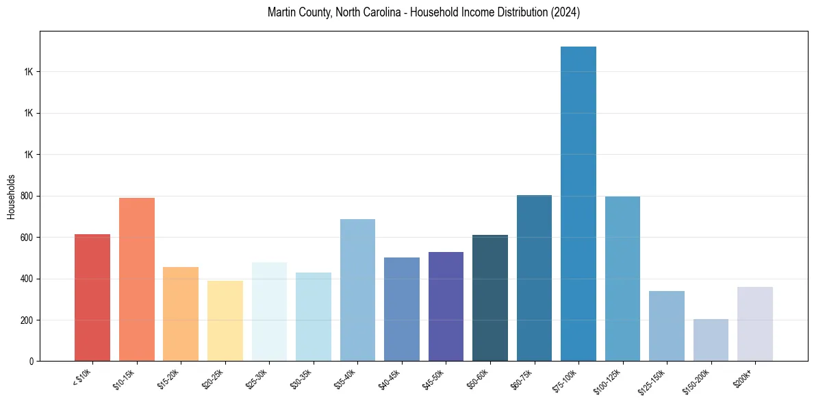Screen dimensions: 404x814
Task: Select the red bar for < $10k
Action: (92, 298)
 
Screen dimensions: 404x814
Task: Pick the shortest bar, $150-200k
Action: (711, 340)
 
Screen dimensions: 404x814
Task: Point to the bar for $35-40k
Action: (357, 290)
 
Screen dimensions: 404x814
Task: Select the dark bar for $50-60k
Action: (490, 298)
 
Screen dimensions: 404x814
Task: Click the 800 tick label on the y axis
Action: (25, 196)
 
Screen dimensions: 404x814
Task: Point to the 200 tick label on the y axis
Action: (25, 320)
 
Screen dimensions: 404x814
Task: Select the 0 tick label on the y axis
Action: (31, 362)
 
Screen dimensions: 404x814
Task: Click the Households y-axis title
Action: (11, 197)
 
